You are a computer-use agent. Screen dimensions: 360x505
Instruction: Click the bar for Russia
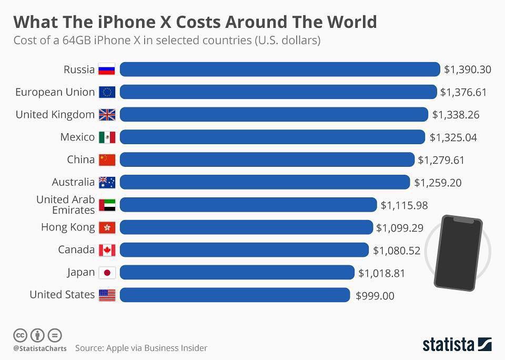point(280,69)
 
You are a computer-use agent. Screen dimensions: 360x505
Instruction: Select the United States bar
point(235,295)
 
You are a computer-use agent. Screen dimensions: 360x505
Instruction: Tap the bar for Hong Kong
point(246,227)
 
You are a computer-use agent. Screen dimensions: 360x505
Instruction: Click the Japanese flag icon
point(107,273)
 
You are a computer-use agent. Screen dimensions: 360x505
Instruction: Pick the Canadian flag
point(107,250)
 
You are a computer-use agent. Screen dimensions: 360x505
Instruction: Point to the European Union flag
point(107,93)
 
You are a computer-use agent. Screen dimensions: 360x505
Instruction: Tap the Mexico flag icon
point(107,137)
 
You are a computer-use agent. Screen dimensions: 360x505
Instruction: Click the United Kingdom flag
point(107,115)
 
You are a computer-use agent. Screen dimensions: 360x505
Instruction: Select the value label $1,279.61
point(441,160)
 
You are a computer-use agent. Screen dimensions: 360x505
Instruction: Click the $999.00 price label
point(375,296)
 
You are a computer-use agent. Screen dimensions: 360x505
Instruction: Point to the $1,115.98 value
point(404,205)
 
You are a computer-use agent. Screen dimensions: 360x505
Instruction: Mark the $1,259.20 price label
point(437,183)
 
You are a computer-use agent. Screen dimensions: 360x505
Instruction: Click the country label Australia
point(73,182)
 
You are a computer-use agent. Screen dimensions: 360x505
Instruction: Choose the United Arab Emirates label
point(65,205)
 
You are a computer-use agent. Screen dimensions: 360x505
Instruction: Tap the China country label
point(80,159)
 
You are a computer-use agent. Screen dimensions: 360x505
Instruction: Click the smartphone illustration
point(458,252)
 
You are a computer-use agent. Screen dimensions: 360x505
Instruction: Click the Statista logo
point(457,345)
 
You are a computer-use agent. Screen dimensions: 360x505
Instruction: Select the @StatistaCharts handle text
point(39,348)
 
